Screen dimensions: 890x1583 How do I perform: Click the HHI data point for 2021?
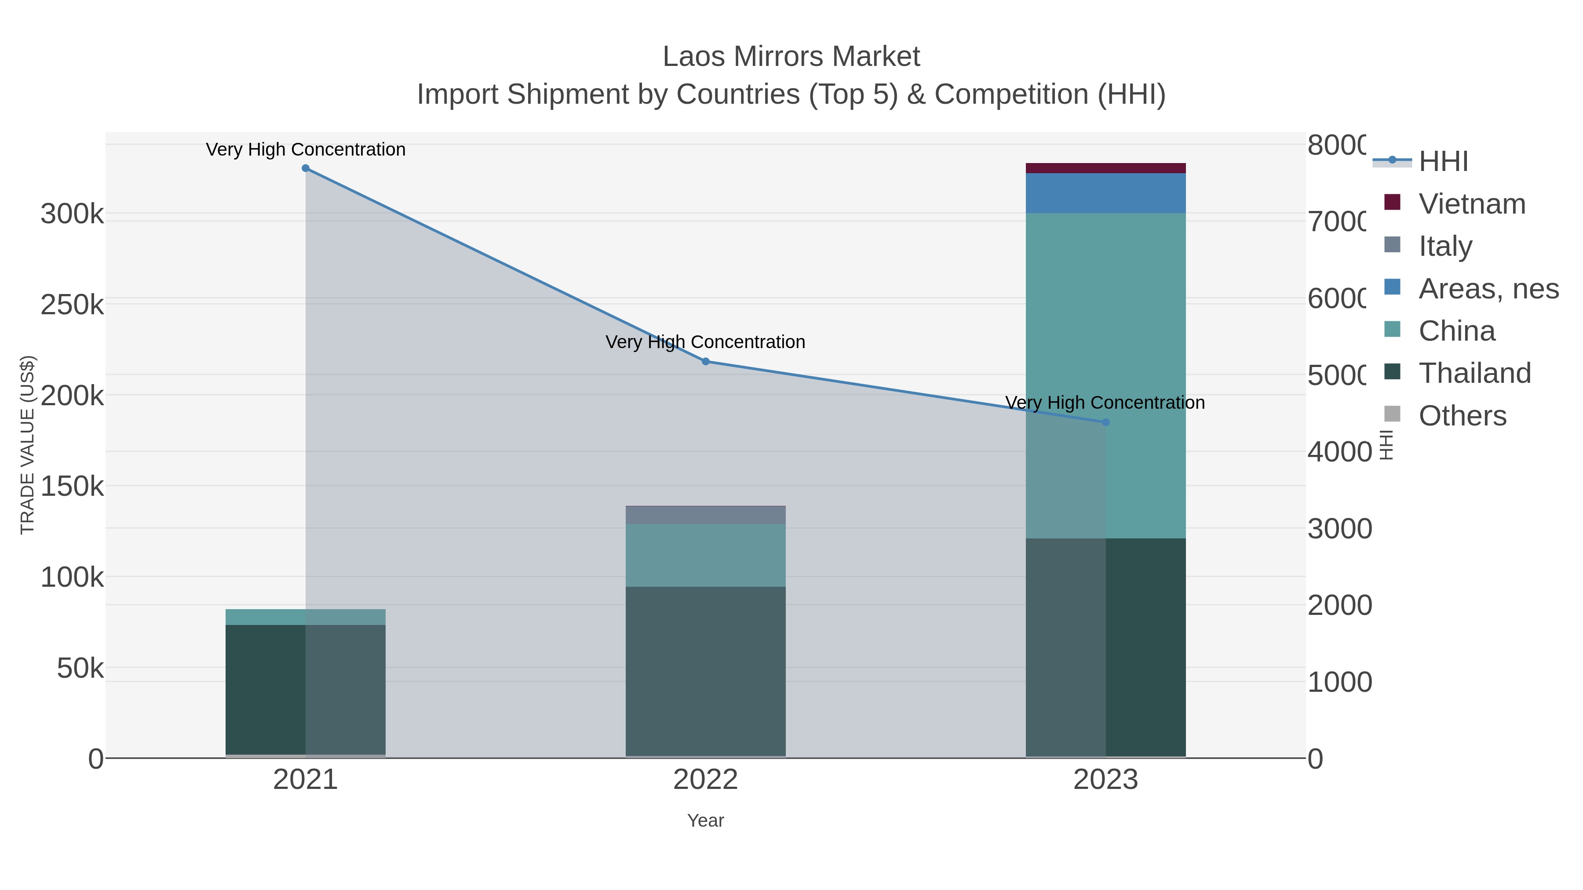pos(306,168)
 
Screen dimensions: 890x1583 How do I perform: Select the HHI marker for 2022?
pos(705,362)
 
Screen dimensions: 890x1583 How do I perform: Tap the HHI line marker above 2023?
pos(1105,422)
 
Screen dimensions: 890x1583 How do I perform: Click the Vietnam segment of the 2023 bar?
pos(1105,168)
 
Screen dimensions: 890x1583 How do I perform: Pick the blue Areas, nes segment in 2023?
pos(1105,193)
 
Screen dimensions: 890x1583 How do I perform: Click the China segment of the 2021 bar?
pos(306,618)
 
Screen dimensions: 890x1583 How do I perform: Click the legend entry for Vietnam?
pos(1472,204)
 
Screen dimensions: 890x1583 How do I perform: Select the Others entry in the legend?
pos(1462,416)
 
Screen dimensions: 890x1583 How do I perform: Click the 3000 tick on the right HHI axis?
pos(1339,529)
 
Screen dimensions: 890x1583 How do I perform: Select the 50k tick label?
pos(80,668)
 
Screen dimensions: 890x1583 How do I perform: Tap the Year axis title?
pos(705,821)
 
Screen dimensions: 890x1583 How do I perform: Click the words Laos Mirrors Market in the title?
pos(791,57)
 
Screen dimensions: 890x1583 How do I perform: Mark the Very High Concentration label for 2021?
pos(306,150)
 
